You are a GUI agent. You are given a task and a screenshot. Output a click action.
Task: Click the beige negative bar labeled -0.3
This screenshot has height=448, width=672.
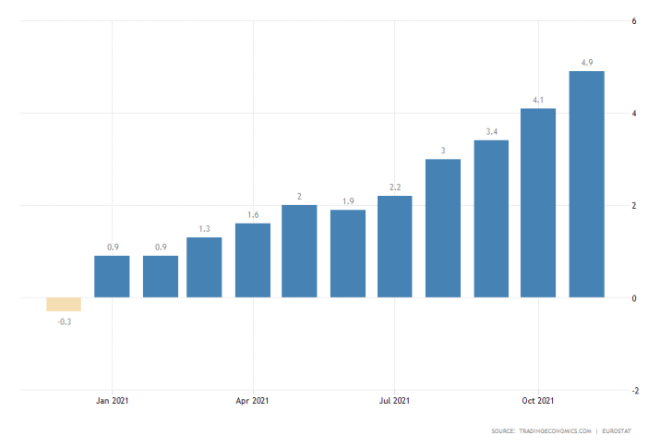click(x=64, y=305)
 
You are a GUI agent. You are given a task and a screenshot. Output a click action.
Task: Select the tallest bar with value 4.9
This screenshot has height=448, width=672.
click(x=587, y=185)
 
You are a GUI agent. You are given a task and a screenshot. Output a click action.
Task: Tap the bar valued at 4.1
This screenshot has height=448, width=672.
click(x=538, y=203)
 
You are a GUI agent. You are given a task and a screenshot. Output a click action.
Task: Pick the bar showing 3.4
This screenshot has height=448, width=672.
click(x=491, y=219)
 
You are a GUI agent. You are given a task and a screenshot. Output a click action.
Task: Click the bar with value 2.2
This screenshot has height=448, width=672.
click(x=395, y=247)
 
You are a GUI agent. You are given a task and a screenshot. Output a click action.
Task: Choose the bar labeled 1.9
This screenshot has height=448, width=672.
click(x=348, y=254)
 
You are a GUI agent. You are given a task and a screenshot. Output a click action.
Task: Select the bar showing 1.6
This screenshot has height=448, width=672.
click(x=253, y=260)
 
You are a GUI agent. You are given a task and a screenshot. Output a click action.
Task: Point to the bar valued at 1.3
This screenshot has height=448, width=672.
click(x=205, y=268)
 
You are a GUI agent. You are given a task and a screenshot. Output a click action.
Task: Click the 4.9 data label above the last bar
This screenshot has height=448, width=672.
click(x=587, y=62)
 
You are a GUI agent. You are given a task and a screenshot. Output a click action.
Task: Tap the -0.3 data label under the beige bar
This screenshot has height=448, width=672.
click(x=64, y=321)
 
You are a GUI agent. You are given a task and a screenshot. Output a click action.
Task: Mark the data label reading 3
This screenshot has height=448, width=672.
click(x=443, y=151)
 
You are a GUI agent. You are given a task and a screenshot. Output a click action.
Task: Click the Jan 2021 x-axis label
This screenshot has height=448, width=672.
click(x=111, y=401)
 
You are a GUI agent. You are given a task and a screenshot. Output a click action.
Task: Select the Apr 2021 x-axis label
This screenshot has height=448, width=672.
click(x=253, y=401)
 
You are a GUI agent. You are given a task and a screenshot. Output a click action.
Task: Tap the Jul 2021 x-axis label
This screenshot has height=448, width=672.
click(x=395, y=401)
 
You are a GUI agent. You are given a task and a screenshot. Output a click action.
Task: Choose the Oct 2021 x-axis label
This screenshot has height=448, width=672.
click(x=537, y=401)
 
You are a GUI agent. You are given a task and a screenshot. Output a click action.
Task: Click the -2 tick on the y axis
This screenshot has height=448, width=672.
click(x=633, y=391)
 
